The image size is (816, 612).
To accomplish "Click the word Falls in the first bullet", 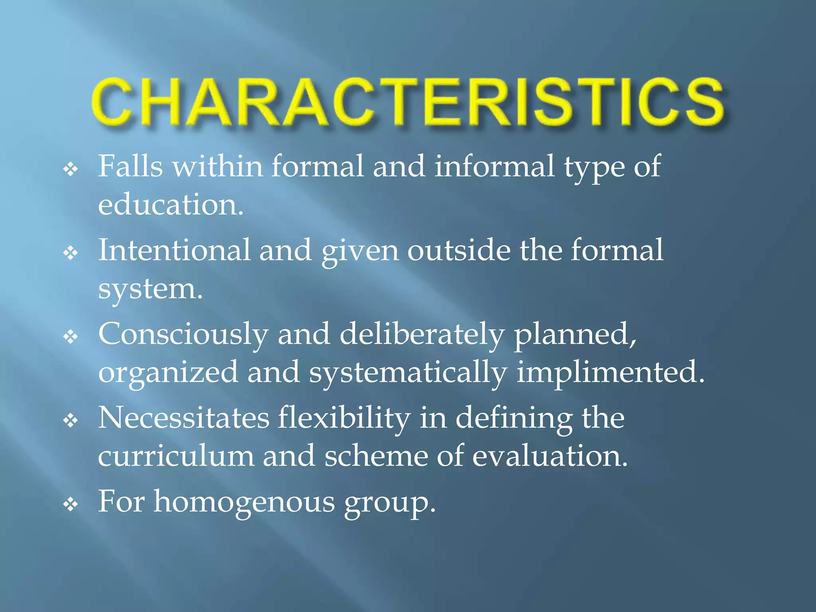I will [130, 166].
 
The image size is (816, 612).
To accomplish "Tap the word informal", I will [494, 166].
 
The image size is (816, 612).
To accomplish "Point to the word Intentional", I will [174, 250].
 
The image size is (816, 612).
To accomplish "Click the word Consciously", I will [183, 334].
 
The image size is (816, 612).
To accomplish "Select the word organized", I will [168, 373].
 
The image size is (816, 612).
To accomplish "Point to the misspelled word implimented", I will [610, 373].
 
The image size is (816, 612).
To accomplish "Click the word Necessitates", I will [184, 418].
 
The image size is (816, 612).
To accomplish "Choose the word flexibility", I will [344, 418].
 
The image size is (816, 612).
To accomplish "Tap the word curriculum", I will [176, 456].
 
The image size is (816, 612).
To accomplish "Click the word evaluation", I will [549, 456].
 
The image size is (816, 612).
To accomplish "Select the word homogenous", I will [244, 502].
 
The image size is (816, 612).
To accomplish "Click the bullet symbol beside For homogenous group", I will [71, 505].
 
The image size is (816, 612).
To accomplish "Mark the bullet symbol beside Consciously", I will [71, 337].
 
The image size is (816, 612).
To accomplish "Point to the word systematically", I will [408, 373].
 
